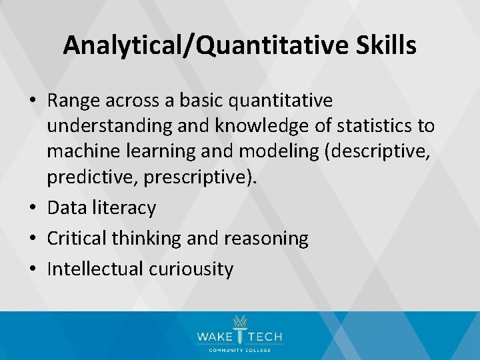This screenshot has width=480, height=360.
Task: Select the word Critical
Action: (x=75, y=239)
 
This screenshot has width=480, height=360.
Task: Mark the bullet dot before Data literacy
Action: (x=33, y=208)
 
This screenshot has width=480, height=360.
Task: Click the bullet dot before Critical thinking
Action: (x=33, y=239)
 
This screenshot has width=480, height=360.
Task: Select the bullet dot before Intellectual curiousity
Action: (x=33, y=269)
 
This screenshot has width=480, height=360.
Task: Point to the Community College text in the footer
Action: (x=239, y=351)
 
